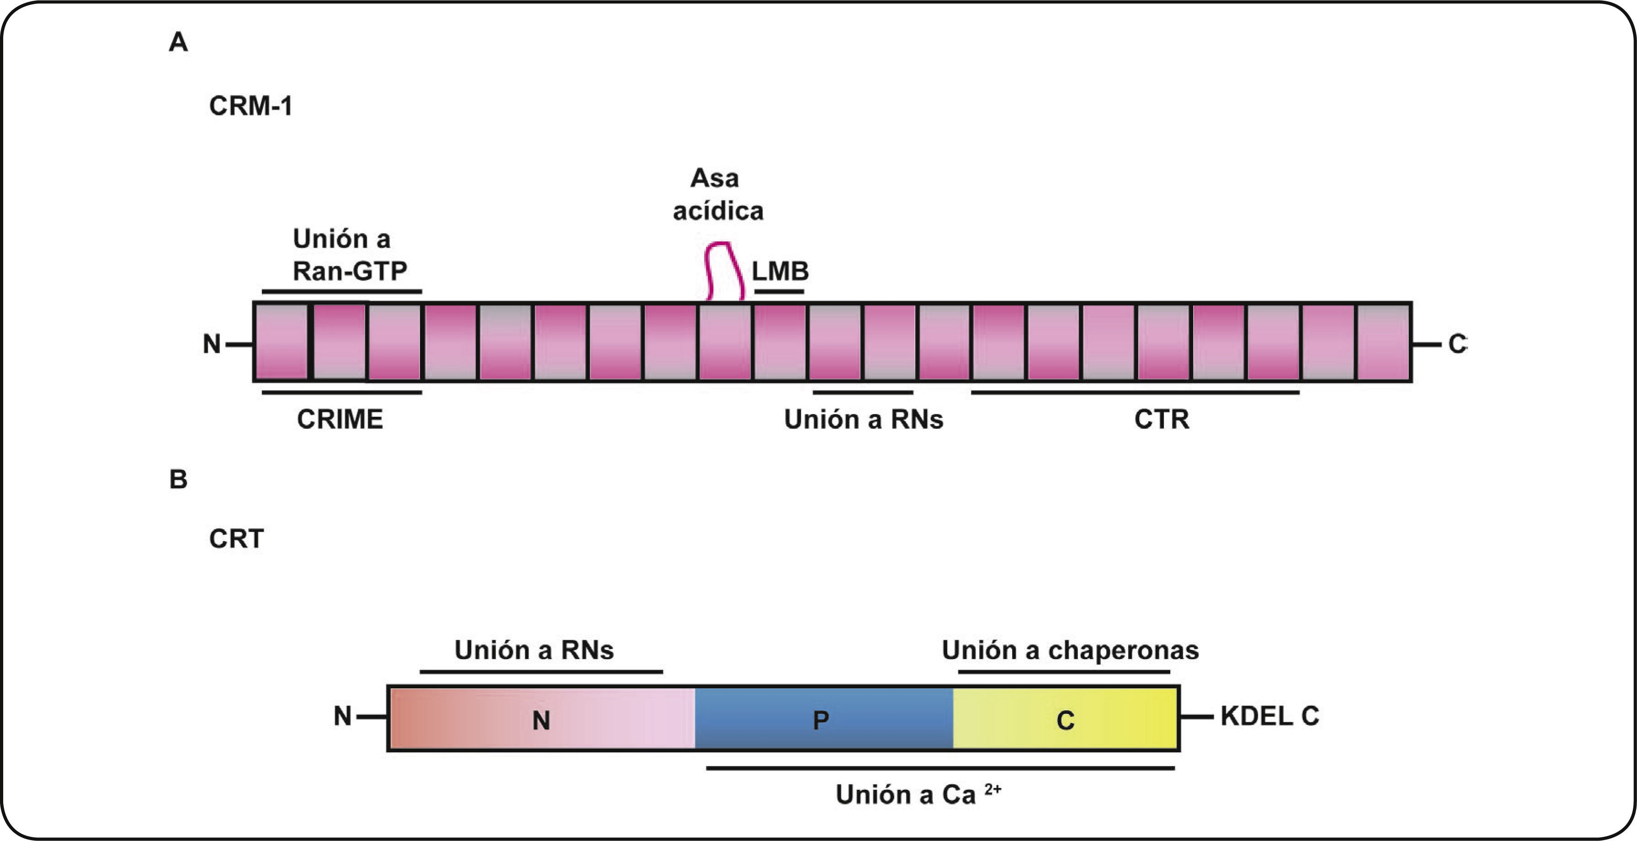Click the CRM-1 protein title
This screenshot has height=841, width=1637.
[251, 106]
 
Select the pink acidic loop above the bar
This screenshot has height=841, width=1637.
[725, 270]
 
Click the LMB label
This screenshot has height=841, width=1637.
[780, 271]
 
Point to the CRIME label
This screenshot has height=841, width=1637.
[340, 419]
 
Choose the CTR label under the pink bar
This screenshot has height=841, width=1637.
[1162, 419]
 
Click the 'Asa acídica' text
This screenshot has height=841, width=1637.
[717, 194]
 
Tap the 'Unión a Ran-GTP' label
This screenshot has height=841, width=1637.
[349, 255]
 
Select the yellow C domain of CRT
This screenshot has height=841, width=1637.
[1066, 719]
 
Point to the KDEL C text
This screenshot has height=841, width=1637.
[1269, 716]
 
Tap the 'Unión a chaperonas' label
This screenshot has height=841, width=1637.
[1070, 650]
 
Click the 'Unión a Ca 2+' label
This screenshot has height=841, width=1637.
[917, 794]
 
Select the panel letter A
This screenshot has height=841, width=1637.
[178, 42]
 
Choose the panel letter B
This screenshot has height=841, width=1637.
[178, 479]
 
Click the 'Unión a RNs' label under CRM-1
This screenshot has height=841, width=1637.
[864, 419]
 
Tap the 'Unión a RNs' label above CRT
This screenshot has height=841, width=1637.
[534, 650]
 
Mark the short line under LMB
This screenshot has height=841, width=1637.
[779, 292]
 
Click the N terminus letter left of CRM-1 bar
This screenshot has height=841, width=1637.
[212, 344]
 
